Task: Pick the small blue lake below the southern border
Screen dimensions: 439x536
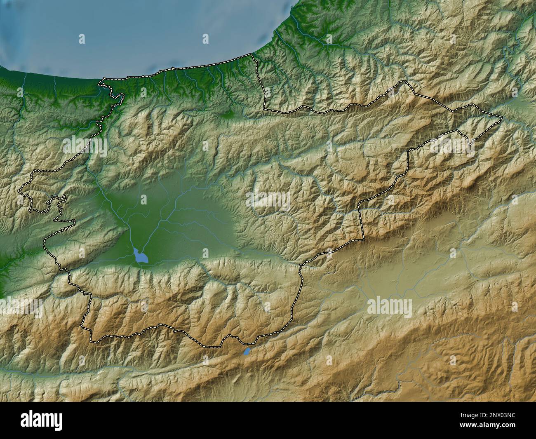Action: click(x=247, y=352)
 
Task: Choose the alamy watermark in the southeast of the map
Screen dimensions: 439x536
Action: click(x=389, y=308)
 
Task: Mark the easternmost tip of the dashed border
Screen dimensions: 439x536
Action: click(x=502, y=119)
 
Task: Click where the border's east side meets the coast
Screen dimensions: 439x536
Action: click(x=253, y=55)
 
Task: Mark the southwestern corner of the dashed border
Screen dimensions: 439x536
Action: click(x=92, y=341)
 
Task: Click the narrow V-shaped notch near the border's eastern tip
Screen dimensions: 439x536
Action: click(x=470, y=142)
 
